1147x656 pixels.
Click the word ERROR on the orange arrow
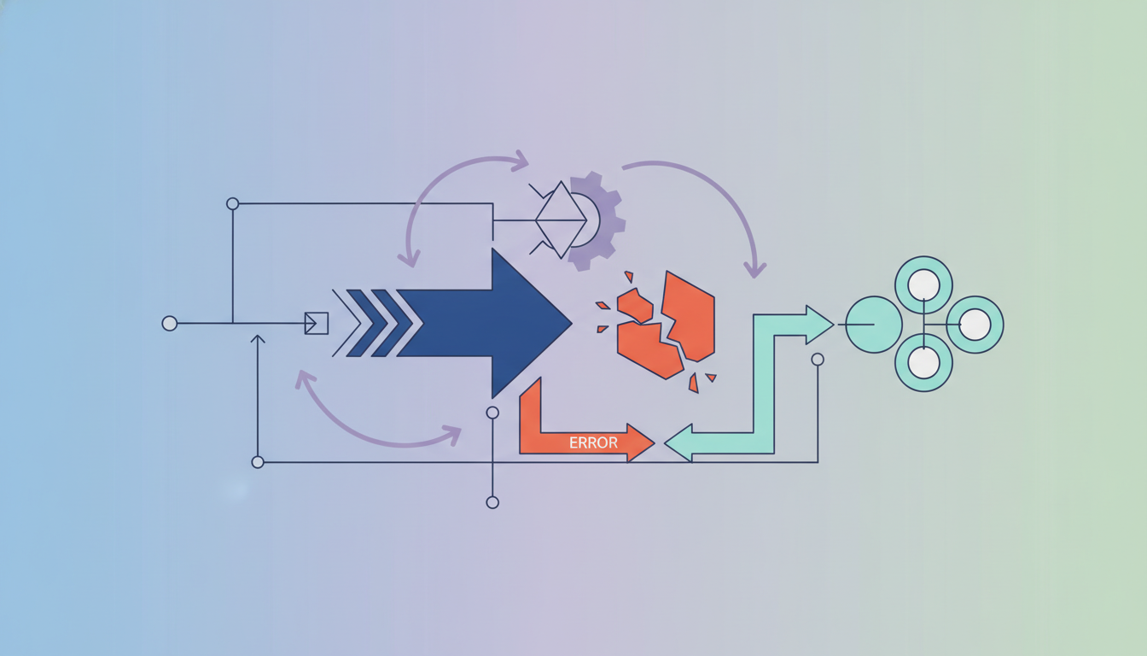pos(593,442)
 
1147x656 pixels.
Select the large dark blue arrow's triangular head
pos(527,324)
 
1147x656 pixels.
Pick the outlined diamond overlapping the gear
pos(561,220)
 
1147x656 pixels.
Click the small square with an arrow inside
pos(317,324)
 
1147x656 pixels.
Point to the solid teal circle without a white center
pos(874,325)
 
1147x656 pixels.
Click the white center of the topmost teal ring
pos(923,285)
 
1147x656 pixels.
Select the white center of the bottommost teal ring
pos(923,362)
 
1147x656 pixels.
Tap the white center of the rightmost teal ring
pos(975,325)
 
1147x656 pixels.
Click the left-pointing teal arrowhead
pos(678,442)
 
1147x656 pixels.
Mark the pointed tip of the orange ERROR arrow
pos(654,442)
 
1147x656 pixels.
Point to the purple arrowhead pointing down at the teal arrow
pos(754,270)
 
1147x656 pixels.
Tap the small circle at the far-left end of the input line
pos(170,324)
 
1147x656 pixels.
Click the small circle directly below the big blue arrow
pos(492,413)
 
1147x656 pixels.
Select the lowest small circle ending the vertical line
pos(492,502)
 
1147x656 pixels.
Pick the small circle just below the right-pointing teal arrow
pos(818,360)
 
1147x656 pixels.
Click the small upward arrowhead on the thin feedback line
pos(258,339)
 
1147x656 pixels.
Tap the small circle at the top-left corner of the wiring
pos(232,204)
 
